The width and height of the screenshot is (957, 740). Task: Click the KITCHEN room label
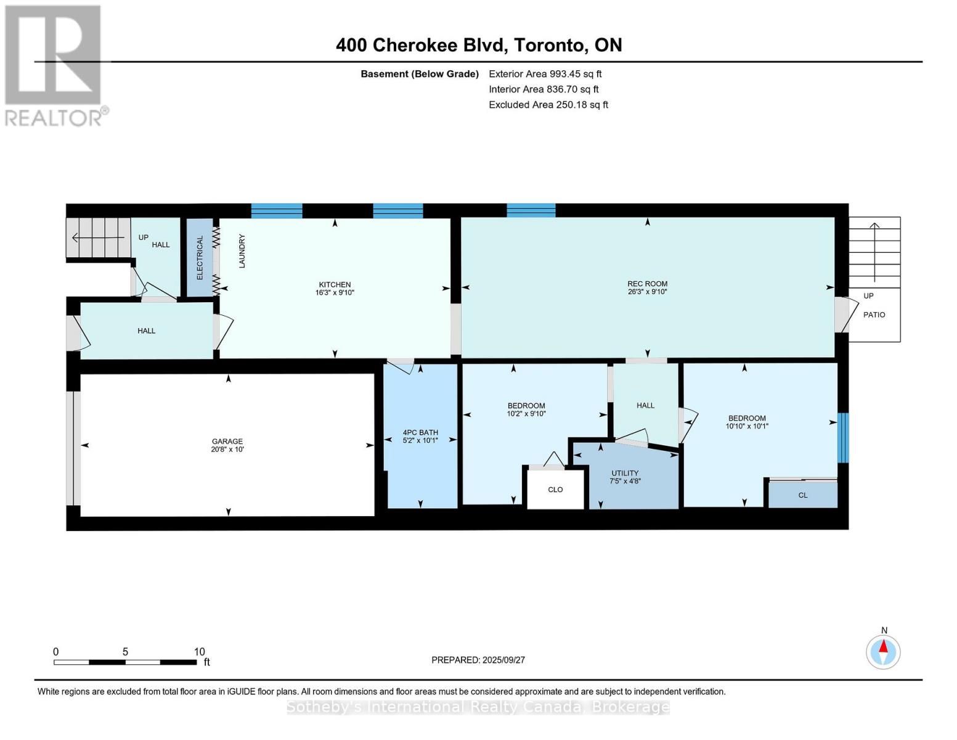(x=335, y=284)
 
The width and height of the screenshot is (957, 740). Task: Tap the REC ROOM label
(x=647, y=284)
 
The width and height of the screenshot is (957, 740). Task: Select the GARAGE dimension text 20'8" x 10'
(x=227, y=450)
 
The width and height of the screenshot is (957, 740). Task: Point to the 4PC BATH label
(x=420, y=432)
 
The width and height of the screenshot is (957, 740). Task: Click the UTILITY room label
(x=625, y=473)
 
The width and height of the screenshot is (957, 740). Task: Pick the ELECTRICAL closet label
(x=200, y=258)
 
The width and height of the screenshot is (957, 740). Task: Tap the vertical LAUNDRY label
(x=242, y=251)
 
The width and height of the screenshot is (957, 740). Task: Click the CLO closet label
(x=555, y=490)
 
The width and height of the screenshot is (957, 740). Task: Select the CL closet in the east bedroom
(x=802, y=495)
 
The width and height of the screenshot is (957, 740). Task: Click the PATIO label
(x=874, y=314)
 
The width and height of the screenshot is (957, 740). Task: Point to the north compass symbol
(x=883, y=651)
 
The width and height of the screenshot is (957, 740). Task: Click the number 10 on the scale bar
(x=199, y=652)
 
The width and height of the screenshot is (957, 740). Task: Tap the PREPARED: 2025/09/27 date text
(x=478, y=660)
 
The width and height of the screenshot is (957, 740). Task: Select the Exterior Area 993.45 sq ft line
(x=545, y=74)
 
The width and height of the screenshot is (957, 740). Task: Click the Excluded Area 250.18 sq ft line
(x=548, y=105)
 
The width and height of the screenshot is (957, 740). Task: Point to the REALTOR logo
(x=54, y=65)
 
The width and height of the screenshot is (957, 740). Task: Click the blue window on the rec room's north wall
(x=531, y=210)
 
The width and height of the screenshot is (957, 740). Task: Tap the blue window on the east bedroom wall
(x=842, y=438)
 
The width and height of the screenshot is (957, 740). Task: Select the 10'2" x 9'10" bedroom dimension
(x=526, y=414)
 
